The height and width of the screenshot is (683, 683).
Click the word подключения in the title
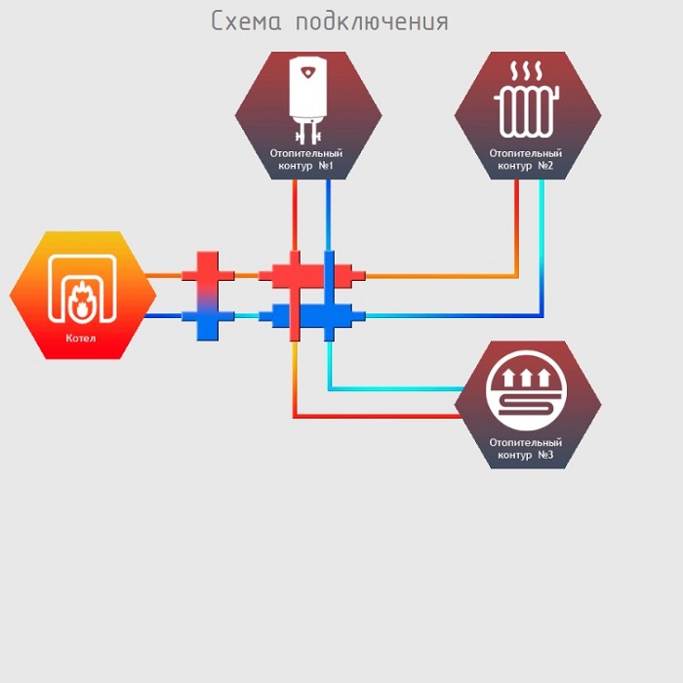pos(372,22)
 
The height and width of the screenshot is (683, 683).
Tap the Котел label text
pos(82,340)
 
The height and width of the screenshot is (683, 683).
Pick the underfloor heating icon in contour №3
pos(527,394)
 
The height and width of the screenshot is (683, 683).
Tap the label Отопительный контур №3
pos(527,449)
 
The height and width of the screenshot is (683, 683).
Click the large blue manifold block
pos(312,316)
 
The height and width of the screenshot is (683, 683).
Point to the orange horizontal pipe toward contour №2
pos(439,276)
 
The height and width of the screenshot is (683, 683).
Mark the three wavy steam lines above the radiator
pos(527,71)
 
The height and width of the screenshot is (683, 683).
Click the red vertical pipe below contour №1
pos(295,215)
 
